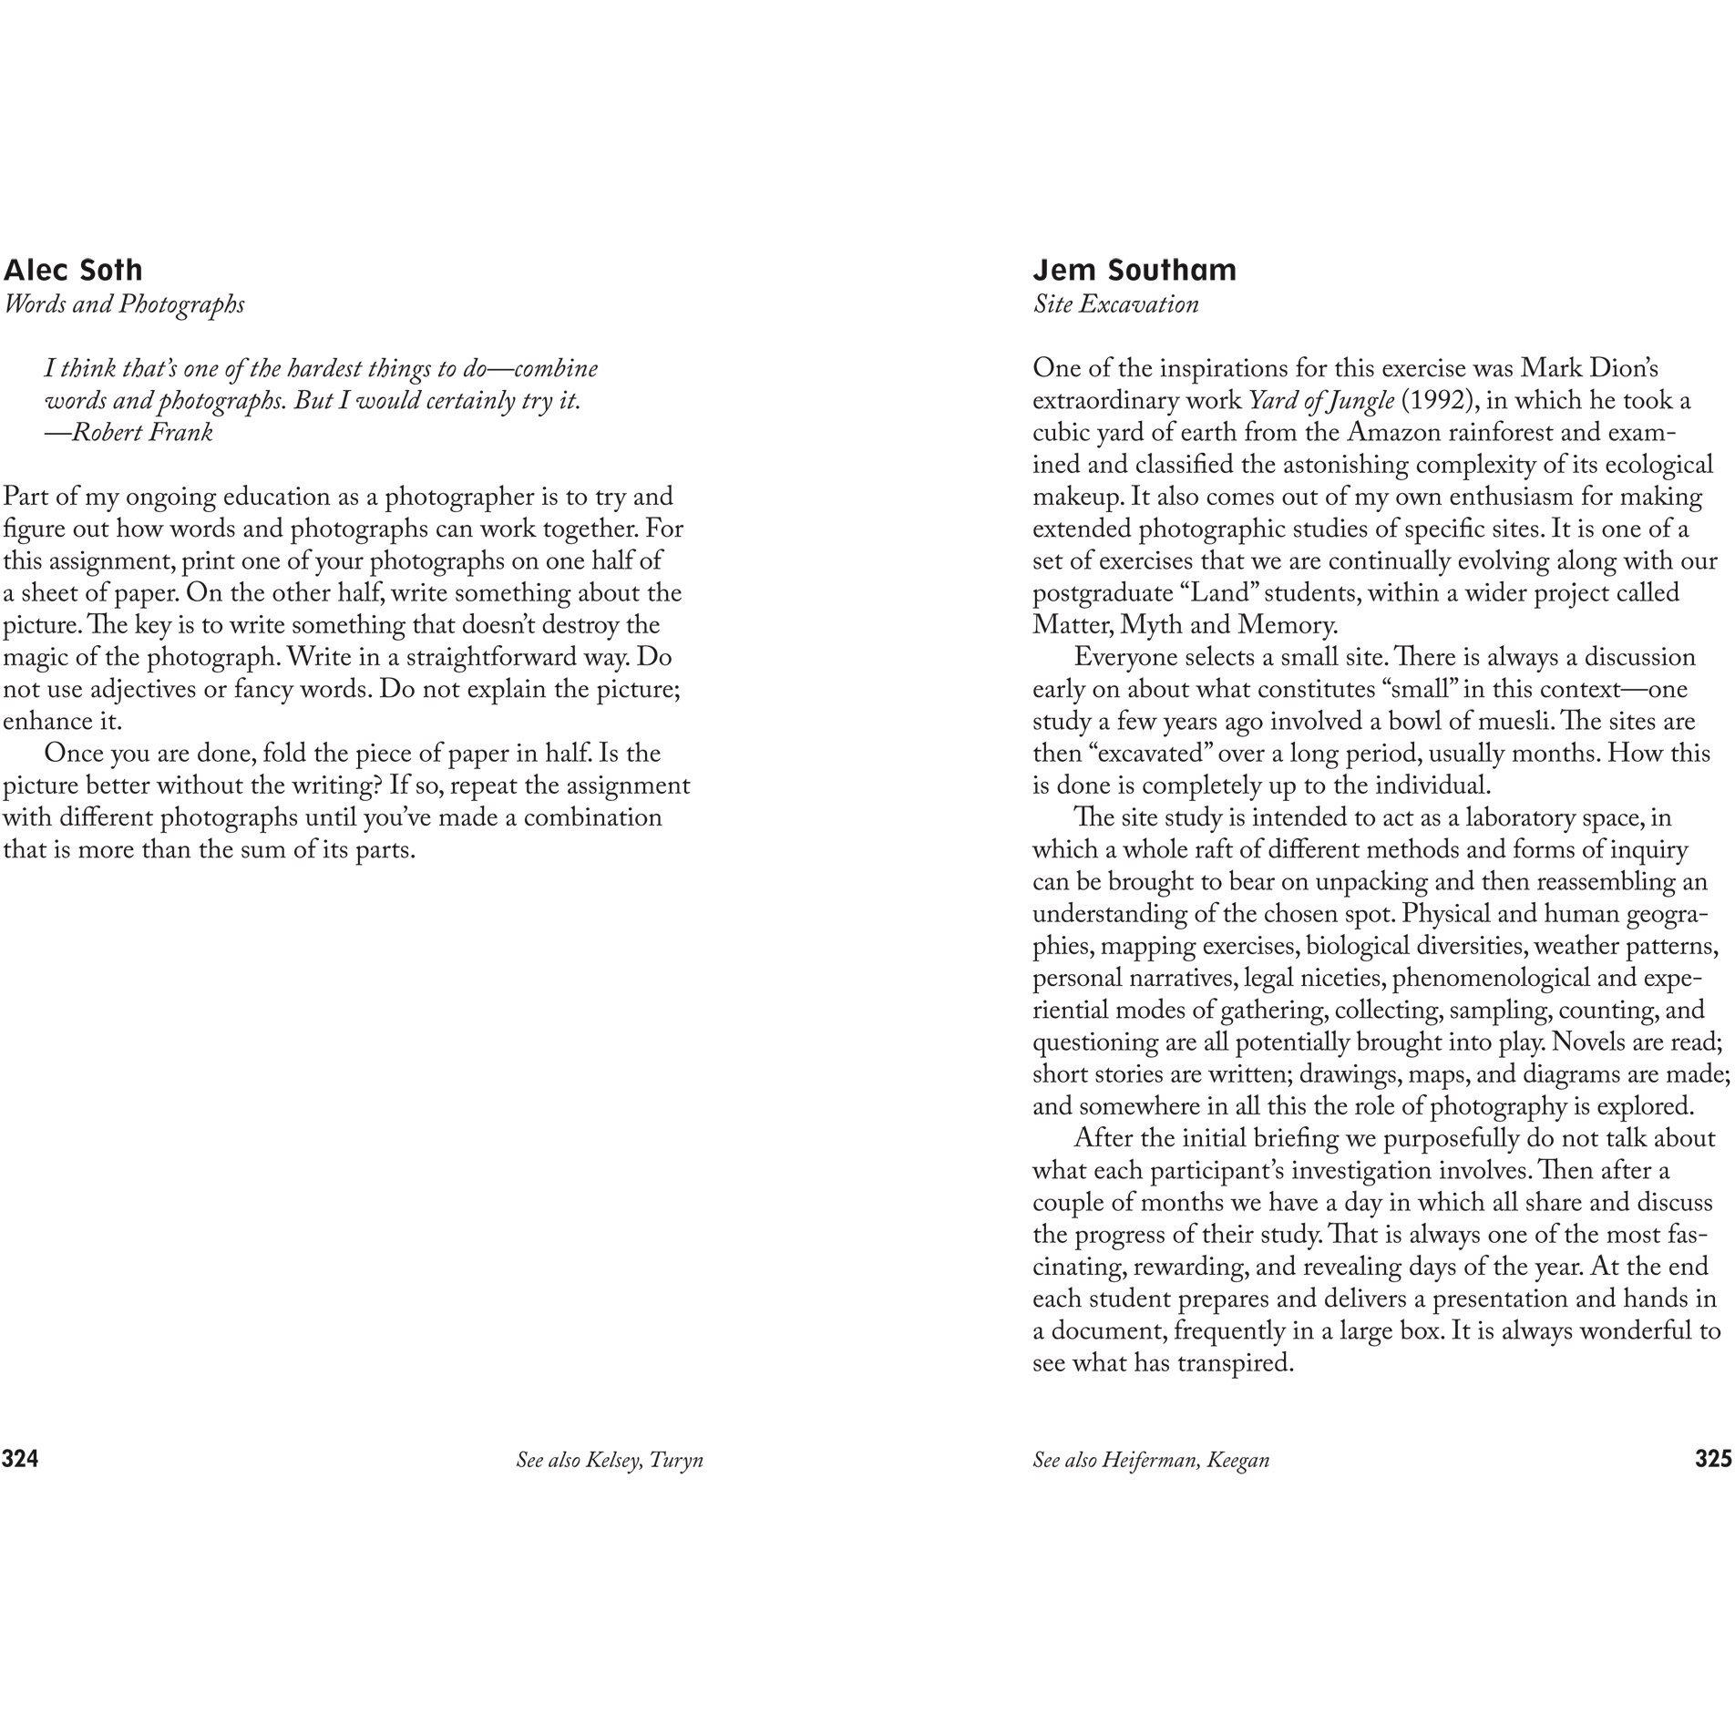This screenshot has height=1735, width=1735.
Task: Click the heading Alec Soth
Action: [x=73, y=270]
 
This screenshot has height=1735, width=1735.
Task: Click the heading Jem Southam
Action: [x=1134, y=270]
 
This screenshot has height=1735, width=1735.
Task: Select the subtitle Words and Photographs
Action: [x=124, y=303]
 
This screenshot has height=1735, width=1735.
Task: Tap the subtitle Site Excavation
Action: [x=1115, y=303]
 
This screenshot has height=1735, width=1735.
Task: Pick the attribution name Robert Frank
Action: [x=142, y=432]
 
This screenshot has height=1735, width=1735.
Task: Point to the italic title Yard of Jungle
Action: [x=1321, y=401]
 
